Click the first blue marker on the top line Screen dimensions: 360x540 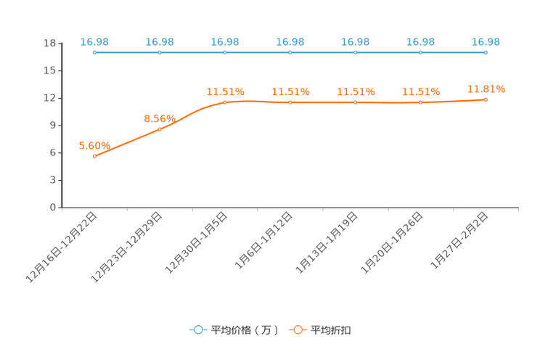(x=94, y=52)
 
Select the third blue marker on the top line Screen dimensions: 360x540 (x=224, y=52)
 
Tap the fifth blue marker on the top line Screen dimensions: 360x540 (x=355, y=52)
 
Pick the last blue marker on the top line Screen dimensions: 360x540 (x=486, y=52)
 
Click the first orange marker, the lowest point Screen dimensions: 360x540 (x=94, y=156)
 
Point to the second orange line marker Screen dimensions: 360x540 (x=160, y=129)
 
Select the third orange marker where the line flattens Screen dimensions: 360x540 (x=224, y=102)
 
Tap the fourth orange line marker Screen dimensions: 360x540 (x=290, y=102)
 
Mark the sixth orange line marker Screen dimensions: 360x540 (x=420, y=102)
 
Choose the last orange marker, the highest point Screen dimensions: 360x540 (x=486, y=99)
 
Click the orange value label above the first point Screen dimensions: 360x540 (x=94, y=145)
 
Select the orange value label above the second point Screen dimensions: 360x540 (x=160, y=118)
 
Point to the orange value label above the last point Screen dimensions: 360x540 (x=486, y=89)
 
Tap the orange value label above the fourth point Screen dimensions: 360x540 (x=290, y=91)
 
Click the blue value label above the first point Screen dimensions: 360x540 (x=94, y=41)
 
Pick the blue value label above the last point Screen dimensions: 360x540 (x=486, y=41)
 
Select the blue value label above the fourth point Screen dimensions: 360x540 (x=290, y=41)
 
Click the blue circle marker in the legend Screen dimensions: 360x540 (x=197, y=330)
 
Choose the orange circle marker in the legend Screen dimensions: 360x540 (x=298, y=330)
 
